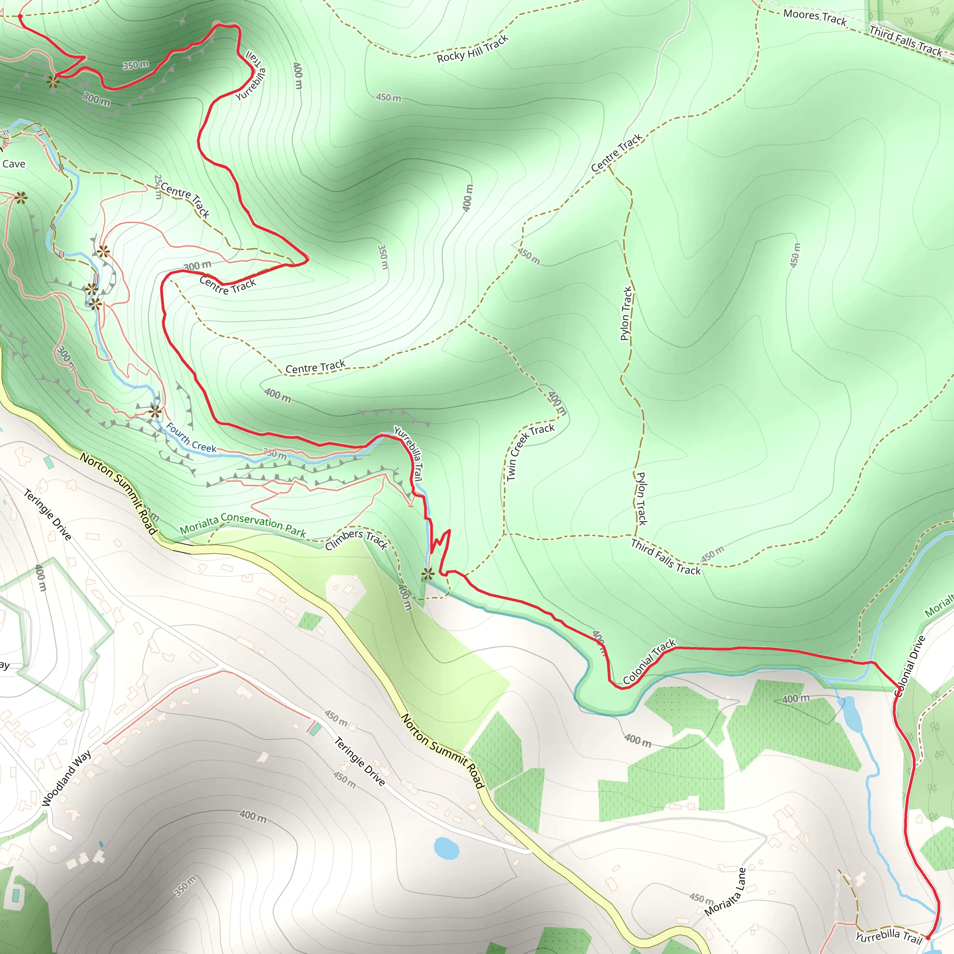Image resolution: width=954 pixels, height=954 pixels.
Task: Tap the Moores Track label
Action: [x=815, y=17]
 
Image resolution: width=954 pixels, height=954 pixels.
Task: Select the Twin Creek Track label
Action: [x=530, y=451]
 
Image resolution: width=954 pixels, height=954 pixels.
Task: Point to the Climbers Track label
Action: [x=356, y=539]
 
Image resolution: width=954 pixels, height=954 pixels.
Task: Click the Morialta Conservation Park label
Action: [x=242, y=525]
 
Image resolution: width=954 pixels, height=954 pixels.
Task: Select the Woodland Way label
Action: [x=67, y=779]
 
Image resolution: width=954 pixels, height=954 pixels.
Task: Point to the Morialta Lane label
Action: [x=725, y=892]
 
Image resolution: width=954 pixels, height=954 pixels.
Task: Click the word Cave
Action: [x=14, y=164]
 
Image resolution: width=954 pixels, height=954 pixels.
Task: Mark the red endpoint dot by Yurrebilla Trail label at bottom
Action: [x=928, y=937]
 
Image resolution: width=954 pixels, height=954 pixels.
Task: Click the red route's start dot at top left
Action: [x=20, y=17]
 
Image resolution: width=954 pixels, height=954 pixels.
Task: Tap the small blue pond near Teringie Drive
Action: [x=446, y=848]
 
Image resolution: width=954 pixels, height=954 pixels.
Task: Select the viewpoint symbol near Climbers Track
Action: [x=428, y=574]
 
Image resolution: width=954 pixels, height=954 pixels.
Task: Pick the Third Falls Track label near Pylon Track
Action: [x=666, y=557]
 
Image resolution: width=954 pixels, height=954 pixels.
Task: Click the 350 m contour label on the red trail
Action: [x=135, y=65]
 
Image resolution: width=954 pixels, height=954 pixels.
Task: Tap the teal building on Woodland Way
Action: [x=314, y=729]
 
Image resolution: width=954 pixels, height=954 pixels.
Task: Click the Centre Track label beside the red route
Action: [x=228, y=286]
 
